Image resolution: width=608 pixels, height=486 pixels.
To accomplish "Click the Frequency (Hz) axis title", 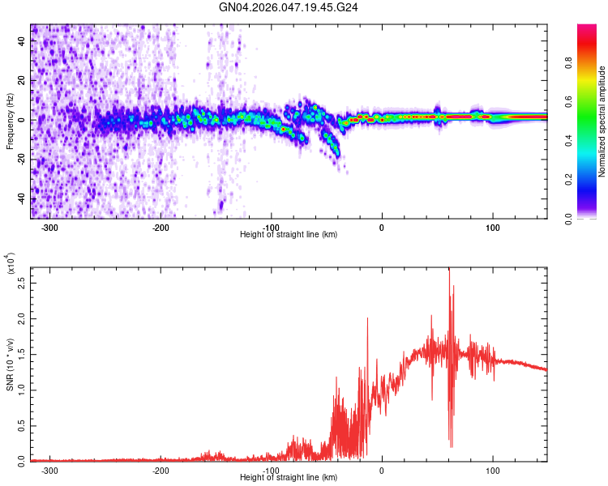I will pyautogui.click(x=10, y=122).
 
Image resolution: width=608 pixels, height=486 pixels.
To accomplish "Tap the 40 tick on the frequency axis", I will pyautogui.click(x=21, y=41).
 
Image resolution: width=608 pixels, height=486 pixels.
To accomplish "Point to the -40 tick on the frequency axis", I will pyautogui.click(x=19, y=199).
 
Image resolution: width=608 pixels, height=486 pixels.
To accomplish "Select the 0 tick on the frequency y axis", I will pyautogui.click(x=24, y=121).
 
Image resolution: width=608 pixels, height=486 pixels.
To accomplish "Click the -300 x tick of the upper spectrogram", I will pyautogui.click(x=50, y=227).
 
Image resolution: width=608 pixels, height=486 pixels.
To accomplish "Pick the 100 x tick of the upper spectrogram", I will pyautogui.click(x=492, y=227).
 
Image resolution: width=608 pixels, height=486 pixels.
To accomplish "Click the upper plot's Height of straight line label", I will pyautogui.click(x=289, y=235).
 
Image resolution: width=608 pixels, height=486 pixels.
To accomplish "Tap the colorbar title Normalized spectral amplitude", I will pyautogui.click(x=602, y=122).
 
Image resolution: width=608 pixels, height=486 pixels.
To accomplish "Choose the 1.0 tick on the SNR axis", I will pyautogui.click(x=21, y=390).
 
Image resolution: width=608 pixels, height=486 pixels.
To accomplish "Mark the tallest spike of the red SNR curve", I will pyautogui.click(x=449, y=271).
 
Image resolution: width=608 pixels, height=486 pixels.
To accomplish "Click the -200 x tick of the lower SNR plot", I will pyautogui.click(x=161, y=470).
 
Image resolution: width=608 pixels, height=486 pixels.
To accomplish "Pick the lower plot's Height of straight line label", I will pyautogui.click(x=289, y=478).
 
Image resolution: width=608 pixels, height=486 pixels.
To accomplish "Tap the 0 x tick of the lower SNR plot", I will pyautogui.click(x=382, y=470).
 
